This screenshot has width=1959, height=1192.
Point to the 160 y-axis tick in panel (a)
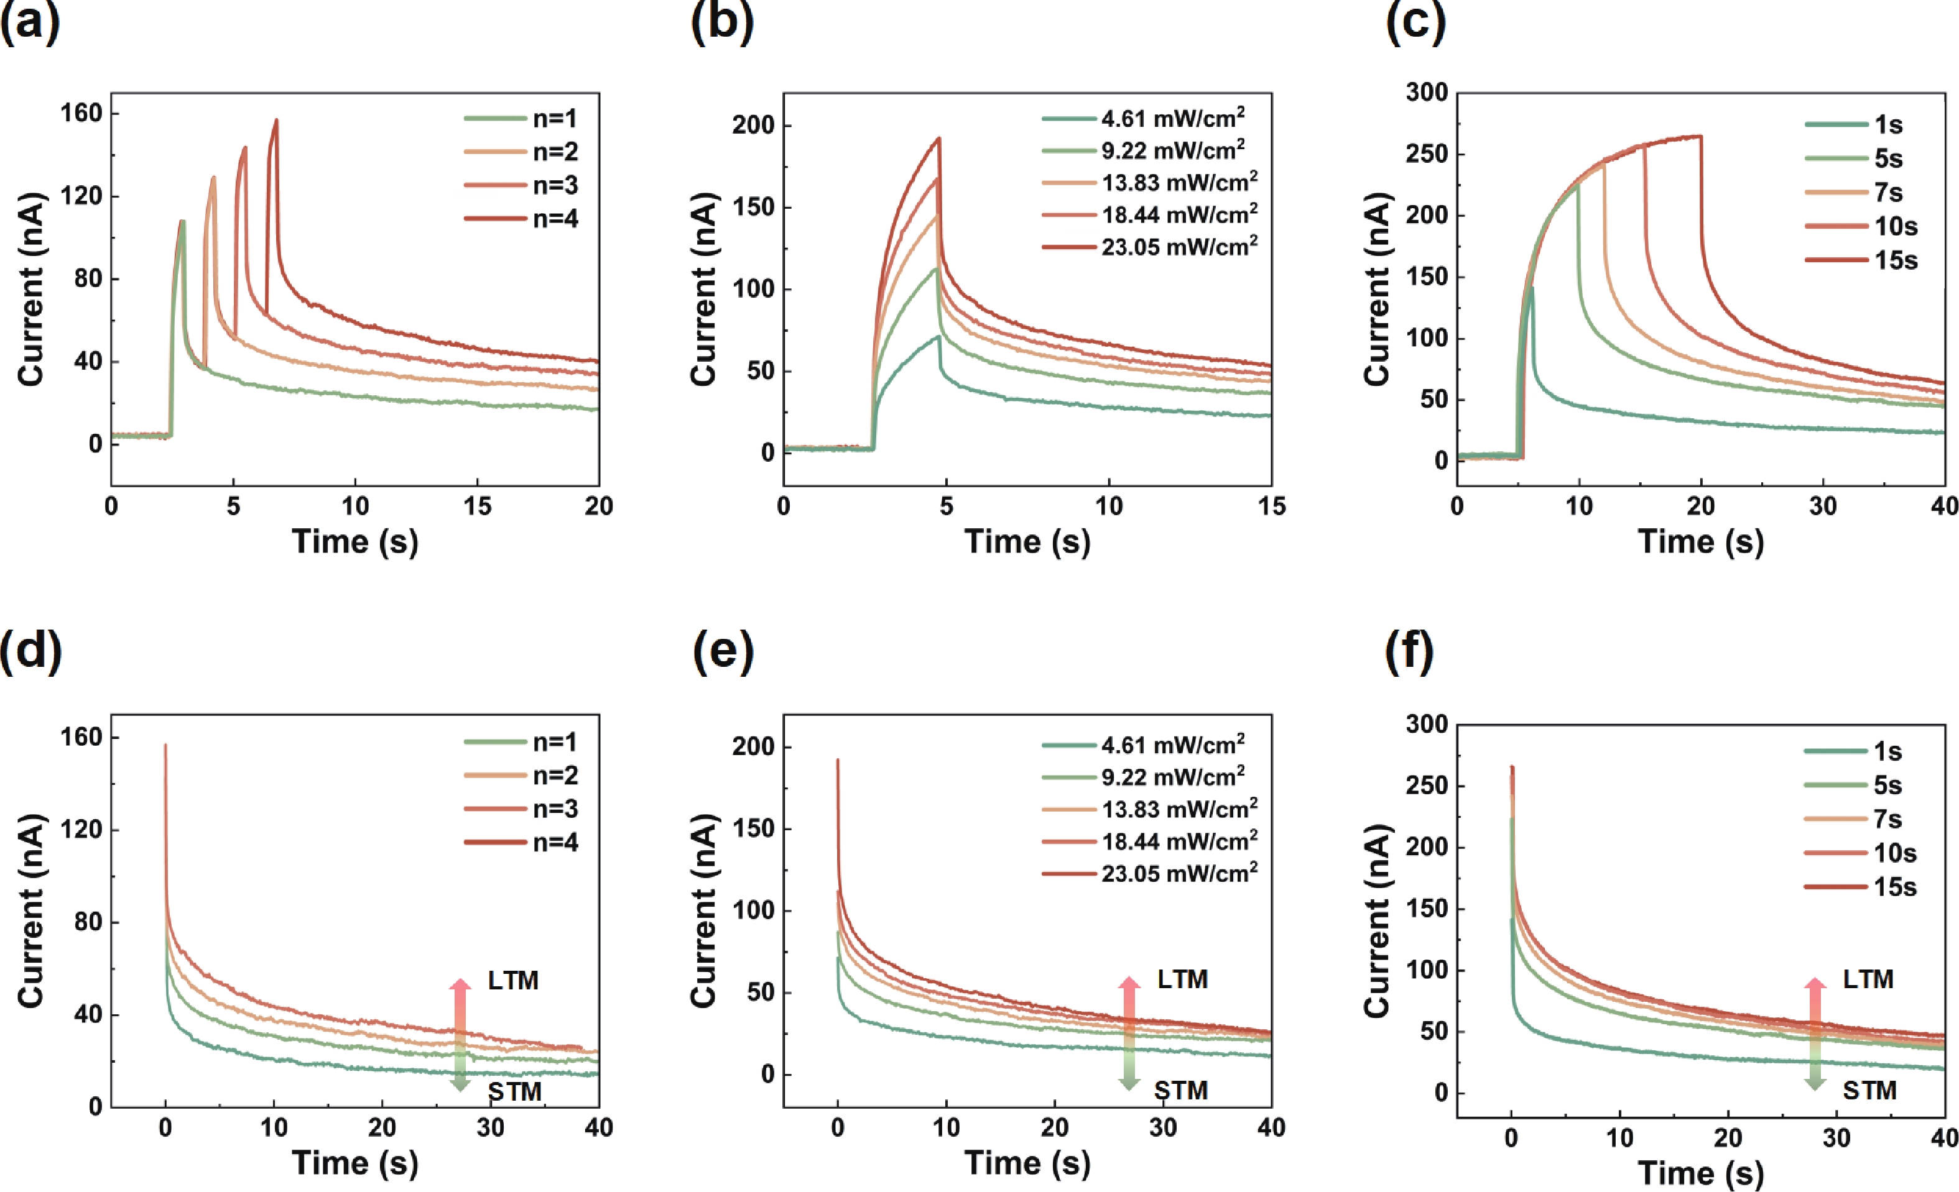coord(82,114)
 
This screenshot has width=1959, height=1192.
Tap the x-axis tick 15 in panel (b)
coord(1271,507)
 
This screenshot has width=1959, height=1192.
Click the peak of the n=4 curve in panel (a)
coord(277,120)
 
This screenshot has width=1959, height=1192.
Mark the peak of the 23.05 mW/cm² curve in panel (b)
coord(939,138)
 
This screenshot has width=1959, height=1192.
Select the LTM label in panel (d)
coord(513,981)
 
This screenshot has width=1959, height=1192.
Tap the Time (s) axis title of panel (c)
coord(1701,542)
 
